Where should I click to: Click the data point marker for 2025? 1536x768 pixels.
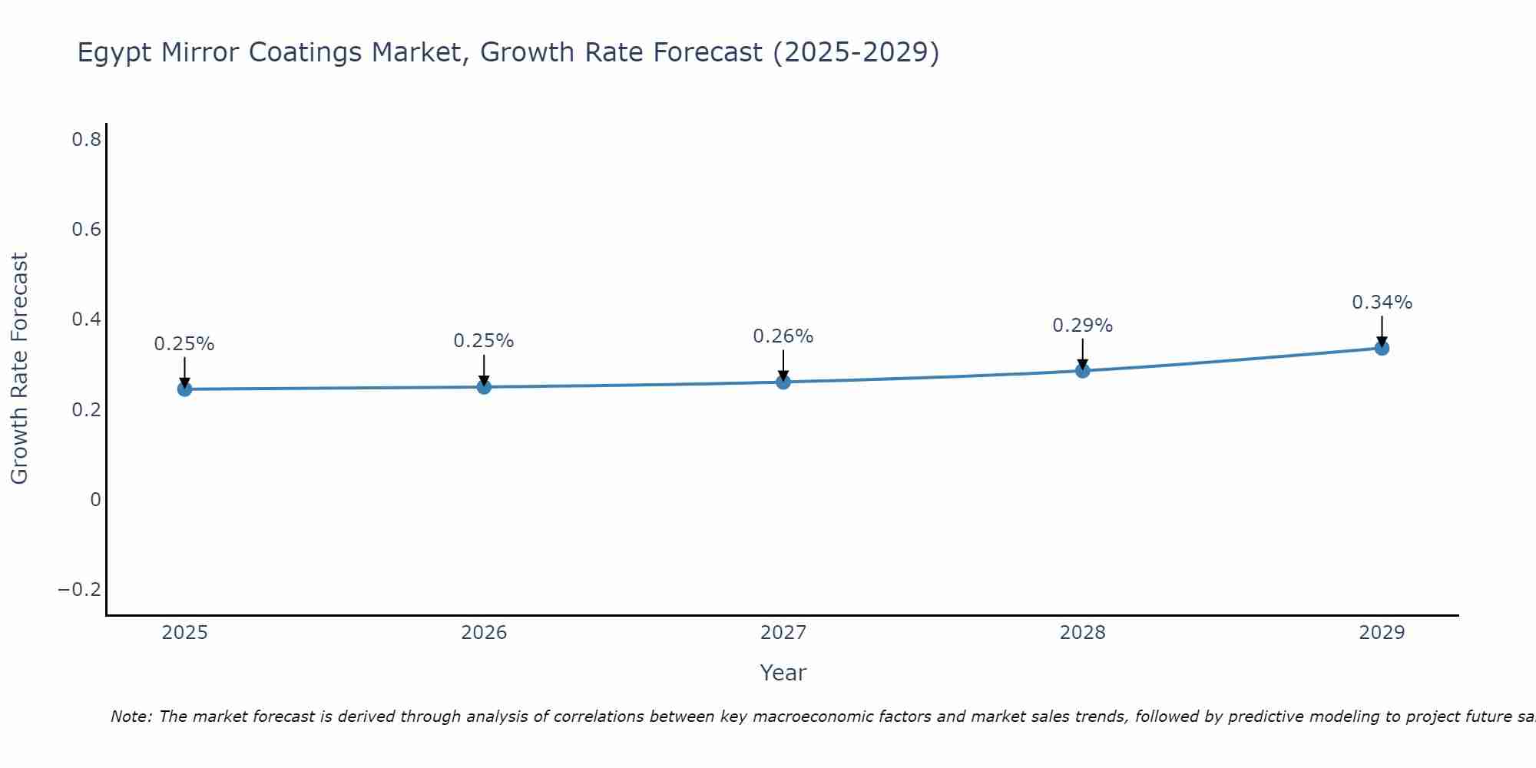point(184,389)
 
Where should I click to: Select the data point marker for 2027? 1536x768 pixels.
point(783,382)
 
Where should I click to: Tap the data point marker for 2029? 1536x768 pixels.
point(1382,348)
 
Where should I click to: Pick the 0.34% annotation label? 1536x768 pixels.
point(1382,303)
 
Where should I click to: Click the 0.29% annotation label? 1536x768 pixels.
point(1082,326)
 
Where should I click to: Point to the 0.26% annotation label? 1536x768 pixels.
point(783,336)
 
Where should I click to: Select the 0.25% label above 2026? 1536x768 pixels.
point(483,341)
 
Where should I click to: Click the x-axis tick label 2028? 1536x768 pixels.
point(1082,633)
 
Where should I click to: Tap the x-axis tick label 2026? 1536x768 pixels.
point(484,633)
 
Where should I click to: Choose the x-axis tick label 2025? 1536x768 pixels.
point(184,633)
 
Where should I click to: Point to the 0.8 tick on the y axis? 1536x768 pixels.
point(86,140)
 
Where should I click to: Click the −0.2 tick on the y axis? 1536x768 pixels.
point(80,590)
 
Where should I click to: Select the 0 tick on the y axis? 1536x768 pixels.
point(95,500)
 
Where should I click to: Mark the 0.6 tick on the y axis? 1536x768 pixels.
point(86,230)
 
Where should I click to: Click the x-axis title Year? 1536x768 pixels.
point(783,674)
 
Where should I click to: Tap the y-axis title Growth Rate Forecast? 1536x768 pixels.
point(19,369)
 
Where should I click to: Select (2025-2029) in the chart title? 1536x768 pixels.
point(856,52)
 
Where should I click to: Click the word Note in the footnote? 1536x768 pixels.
point(131,717)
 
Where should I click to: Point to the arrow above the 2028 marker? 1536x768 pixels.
point(1082,354)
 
